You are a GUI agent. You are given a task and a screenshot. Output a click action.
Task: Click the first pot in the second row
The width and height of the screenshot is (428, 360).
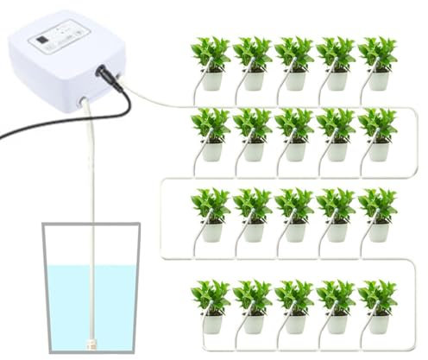pyautogui.click(x=211, y=151)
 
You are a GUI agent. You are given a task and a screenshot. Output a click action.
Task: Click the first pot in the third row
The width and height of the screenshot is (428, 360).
pyautogui.click(x=211, y=232)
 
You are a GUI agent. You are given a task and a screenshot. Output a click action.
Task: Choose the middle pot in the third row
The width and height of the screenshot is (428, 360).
pyautogui.click(x=295, y=232)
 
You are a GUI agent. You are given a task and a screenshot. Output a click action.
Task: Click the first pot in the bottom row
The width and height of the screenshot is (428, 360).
pyautogui.click(x=211, y=323)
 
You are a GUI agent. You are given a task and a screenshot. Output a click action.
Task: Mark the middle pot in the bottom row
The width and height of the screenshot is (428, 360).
pyautogui.click(x=295, y=323)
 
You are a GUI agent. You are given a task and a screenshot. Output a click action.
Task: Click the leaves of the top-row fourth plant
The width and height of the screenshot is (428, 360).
pyautogui.click(x=336, y=52)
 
